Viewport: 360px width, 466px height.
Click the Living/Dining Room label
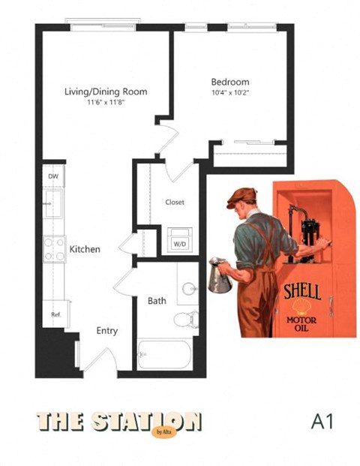[106, 92]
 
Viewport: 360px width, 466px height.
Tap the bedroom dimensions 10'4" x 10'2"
[230, 92]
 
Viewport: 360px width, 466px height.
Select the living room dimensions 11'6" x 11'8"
[106, 103]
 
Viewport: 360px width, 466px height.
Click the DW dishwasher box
[53, 176]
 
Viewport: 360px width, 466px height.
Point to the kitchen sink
[52, 203]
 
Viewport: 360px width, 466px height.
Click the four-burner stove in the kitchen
[54, 249]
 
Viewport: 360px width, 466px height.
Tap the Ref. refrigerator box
[55, 314]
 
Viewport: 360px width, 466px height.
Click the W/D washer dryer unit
[179, 240]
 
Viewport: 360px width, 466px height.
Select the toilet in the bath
[186, 320]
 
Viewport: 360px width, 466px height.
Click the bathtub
[164, 354]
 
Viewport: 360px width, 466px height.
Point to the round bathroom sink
[190, 289]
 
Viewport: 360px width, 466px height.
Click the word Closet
[175, 202]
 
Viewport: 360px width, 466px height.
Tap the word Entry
[107, 331]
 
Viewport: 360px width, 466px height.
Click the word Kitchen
[85, 249]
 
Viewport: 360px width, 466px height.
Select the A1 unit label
[322, 422]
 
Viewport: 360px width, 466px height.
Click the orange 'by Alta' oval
[164, 431]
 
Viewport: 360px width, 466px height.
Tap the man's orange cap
[241, 197]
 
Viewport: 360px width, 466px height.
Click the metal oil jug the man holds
[220, 275]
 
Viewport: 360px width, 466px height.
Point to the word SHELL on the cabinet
[302, 292]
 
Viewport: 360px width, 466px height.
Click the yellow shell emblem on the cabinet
[301, 308]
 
